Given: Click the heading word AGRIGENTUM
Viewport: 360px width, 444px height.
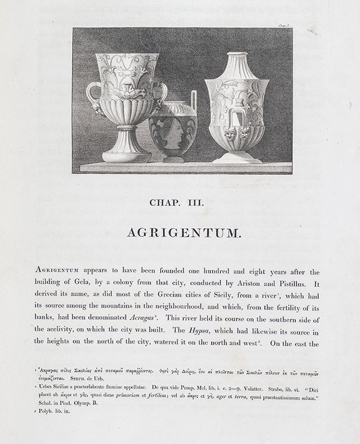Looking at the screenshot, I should pyautogui.click(x=184, y=233).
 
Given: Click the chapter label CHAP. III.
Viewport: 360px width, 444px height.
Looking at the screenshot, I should pyautogui.click(x=176, y=203).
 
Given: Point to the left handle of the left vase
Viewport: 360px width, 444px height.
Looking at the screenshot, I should pyautogui.click(x=92, y=94).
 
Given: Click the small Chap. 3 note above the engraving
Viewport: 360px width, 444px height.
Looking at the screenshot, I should pyautogui.click(x=284, y=25).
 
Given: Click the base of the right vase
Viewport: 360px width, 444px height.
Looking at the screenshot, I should pyautogui.click(x=237, y=157).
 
